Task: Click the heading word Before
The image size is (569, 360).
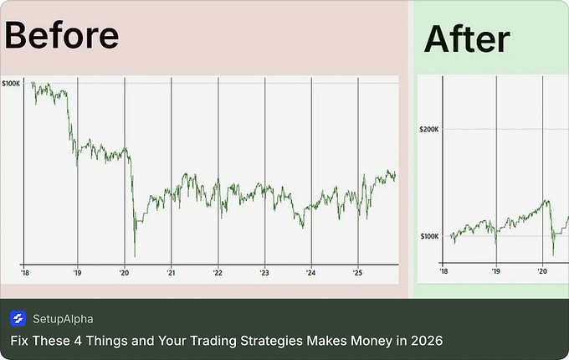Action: click(62, 35)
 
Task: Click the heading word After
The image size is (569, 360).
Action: click(467, 39)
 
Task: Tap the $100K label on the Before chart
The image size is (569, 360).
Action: click(12, 84)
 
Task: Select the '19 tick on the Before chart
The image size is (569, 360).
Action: click(77, 272)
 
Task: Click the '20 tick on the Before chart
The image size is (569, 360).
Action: click(124, 272)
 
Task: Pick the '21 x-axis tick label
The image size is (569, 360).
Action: click(171, 272)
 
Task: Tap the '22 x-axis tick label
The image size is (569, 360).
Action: click(218, 272)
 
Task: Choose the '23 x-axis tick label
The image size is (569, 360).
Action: click(264, 272)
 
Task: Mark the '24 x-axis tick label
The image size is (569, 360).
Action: click(311, 272)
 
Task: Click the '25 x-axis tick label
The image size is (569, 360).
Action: click(357, 272)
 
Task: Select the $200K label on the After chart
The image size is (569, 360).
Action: click(428, 130)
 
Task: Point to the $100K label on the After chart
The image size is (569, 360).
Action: click(428, 237)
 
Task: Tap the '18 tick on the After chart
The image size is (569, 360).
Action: click(443, 272)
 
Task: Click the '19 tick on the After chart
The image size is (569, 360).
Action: click(495, 272)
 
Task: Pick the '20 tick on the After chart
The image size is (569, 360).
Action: click(542, 272)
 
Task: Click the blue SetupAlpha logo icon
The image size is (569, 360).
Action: click(18, 318)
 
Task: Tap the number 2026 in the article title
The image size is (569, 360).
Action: click(427, 341)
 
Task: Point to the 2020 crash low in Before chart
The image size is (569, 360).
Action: click(135, 255)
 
